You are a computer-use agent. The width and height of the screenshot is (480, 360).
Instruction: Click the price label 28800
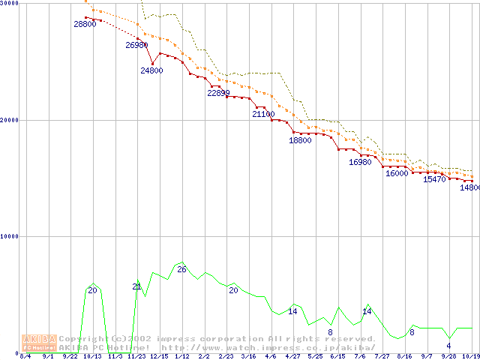(x=85, y=24)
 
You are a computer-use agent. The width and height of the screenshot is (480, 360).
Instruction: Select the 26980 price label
(x=136, y=45)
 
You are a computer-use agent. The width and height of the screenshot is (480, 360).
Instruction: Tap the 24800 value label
(x=151, y=70)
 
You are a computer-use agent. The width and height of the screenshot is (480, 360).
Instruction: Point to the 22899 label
(x=218, y=93)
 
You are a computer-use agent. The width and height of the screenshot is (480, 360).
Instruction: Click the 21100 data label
(x=263, y=114)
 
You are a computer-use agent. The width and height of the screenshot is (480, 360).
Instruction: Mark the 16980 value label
(x=360, y=162)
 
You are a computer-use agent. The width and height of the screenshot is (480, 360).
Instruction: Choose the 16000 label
(x=397, y=173)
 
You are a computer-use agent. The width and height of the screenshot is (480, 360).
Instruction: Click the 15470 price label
(x=434, y=179)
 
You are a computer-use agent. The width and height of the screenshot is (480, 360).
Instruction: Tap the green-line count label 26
(x=181, y=269)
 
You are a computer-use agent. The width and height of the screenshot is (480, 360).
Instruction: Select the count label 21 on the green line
(x=136, y=286)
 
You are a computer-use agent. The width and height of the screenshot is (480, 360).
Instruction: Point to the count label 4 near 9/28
(x=448, y=346)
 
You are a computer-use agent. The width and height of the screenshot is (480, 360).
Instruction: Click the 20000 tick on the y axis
(x=10, y=120)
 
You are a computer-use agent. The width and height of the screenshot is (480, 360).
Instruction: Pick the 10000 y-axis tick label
(x=10, y=236)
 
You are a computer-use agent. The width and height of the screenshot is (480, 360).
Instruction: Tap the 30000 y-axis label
(x=10, y=4)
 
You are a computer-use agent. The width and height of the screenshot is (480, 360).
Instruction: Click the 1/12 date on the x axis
(x=181, y=356)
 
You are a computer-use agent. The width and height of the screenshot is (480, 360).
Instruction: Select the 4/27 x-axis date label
(x=292, y=356)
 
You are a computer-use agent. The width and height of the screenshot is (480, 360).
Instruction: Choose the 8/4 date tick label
(x=25, y=356)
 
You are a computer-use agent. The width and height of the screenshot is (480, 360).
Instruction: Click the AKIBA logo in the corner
(x=39, y=343)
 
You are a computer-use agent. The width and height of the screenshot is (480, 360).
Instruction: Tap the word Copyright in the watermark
(x=83, y=339)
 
